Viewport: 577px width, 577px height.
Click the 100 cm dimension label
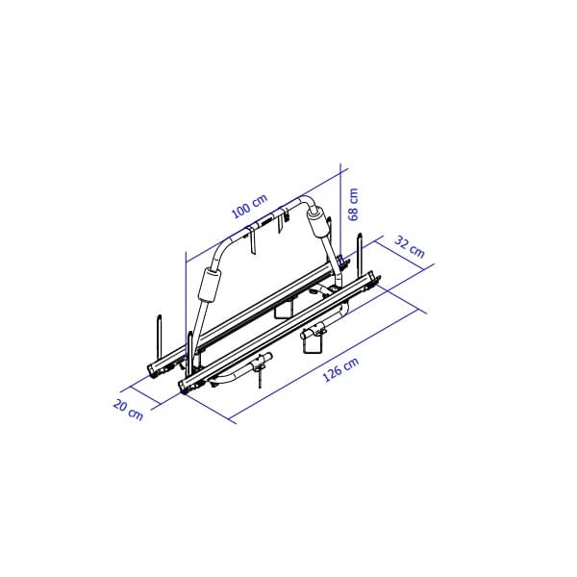point(250,207)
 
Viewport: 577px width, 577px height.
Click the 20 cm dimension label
point(129,409)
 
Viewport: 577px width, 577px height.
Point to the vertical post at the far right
point(361,252)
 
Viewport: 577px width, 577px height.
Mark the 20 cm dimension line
point(159,397)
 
